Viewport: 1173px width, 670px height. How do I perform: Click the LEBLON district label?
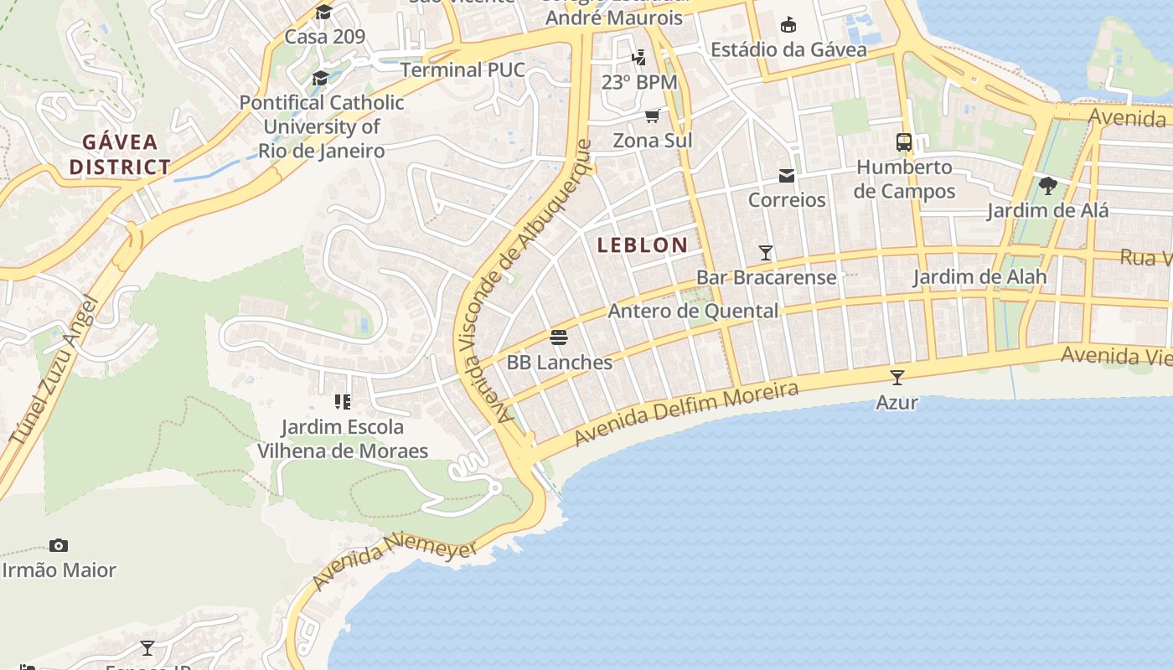(643, 245)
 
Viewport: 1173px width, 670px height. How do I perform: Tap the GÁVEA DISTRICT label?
(120, 154)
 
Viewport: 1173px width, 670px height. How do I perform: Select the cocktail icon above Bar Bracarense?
(765, 252)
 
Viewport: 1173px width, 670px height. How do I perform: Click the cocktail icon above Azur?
(897, 378)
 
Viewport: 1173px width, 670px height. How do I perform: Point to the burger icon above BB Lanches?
(559, 338)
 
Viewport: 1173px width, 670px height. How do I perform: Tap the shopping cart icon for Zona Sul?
(652, 116)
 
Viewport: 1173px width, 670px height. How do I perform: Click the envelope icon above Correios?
(787, 175)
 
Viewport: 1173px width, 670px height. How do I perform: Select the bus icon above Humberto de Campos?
(904, 142)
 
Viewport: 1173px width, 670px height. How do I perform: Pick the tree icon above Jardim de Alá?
(1047, 185)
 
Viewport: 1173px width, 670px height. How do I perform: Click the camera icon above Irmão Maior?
(58, 545)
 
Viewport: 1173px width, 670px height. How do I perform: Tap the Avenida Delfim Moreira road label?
(686, 415)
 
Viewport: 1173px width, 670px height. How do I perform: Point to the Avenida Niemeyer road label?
(394, 563)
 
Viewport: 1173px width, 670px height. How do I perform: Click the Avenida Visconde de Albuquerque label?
(524, 281)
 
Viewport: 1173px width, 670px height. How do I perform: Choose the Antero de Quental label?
(693, 312)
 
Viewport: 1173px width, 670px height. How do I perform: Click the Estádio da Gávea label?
(788, 49)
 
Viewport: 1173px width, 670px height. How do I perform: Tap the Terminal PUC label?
(462, 70)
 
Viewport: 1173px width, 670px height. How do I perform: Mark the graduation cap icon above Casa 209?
(323, 12)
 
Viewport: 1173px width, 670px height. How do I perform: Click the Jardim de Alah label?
(979, 277)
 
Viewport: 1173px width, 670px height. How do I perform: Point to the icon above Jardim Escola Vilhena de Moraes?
(342, 402)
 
